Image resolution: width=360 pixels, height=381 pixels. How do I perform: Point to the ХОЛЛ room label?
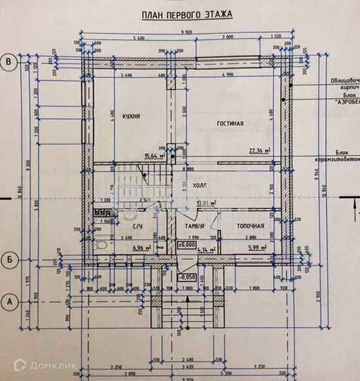(199, 187)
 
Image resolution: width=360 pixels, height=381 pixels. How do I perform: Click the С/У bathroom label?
(136, 227)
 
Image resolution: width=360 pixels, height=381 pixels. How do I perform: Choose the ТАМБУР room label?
(194, 227)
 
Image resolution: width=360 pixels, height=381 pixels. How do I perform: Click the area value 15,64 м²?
(155, 156)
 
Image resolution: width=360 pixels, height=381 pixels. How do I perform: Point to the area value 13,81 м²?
(205, 204)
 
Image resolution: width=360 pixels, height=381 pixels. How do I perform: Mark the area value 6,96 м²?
(140, 247)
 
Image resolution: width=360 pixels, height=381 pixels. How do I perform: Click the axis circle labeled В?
(9, 61)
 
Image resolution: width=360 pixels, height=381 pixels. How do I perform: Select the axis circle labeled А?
(9, 301)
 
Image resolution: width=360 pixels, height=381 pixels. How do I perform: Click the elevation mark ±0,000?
(187, 244)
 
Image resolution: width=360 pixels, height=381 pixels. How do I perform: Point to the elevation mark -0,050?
(188, 277)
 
